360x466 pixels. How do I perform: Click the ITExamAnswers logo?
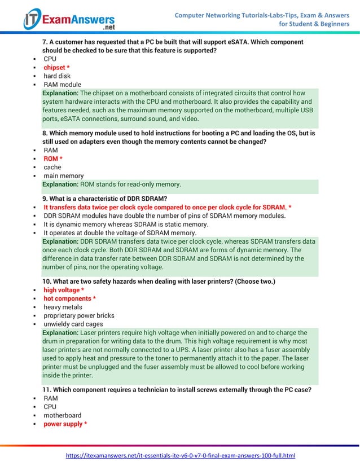tap(69, 20)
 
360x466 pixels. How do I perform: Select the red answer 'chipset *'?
tap(56, 68)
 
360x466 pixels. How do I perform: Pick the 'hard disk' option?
tap(57, 76)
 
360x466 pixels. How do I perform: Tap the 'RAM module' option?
tap(62, 85)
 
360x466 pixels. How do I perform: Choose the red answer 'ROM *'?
tap(53, 159)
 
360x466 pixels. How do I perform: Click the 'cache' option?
tap(52, 168)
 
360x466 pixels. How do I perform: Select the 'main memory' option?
tap(63, 176)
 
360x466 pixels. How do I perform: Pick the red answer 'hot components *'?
tap(69, 298)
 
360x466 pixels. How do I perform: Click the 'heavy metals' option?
tap(63, 307)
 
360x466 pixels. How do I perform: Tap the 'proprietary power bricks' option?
tap(79, 316)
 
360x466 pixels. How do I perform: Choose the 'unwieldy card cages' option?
tap(73, 324)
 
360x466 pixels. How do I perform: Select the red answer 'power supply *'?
tap(65, 424)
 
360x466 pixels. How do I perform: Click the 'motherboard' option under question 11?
tap(62, 415)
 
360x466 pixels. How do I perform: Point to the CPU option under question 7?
tap(50, 59)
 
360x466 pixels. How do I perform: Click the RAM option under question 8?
tap(51, 151)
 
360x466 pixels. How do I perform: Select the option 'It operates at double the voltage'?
tap(120, 232)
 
